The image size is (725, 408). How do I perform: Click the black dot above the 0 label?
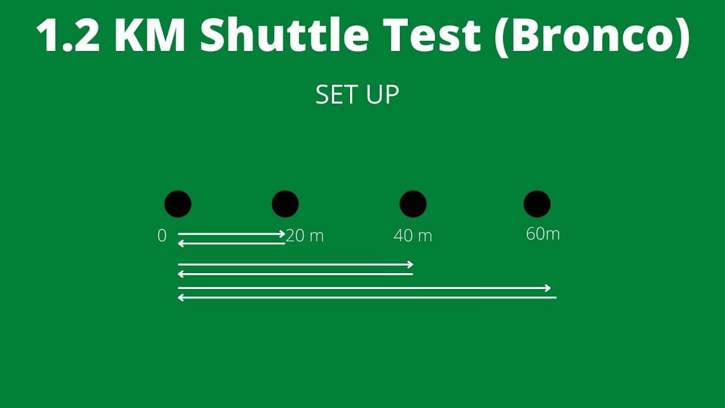click(x=178, y=203)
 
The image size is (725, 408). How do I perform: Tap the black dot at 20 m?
click(x=285, y=203)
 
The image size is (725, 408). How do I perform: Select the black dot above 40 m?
click(x=413, y=203)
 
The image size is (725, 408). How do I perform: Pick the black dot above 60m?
click(x=537, y=203)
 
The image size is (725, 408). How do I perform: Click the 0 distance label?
click(x=162, y=235)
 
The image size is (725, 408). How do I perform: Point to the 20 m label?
click(x=305, y=235)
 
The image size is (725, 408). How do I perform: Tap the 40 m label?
click(x=413, y=235)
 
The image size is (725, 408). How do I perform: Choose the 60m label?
click(x=543, y=234)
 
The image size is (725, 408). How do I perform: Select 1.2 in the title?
click(x=68, y=35)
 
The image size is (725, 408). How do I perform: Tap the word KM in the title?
click(x=150, y=35)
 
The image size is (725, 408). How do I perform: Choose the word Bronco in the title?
click(x=592, y=35)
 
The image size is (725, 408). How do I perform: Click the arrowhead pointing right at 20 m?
click(x=283, y=234)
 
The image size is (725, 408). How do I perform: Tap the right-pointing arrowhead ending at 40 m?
click(x=411, y=265)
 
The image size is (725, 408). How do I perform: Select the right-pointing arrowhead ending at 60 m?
click(x=548, y=288)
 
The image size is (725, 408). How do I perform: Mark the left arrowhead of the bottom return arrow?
click(x=181, y=297)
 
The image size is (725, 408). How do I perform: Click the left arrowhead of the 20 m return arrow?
click(x=181, y=243)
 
